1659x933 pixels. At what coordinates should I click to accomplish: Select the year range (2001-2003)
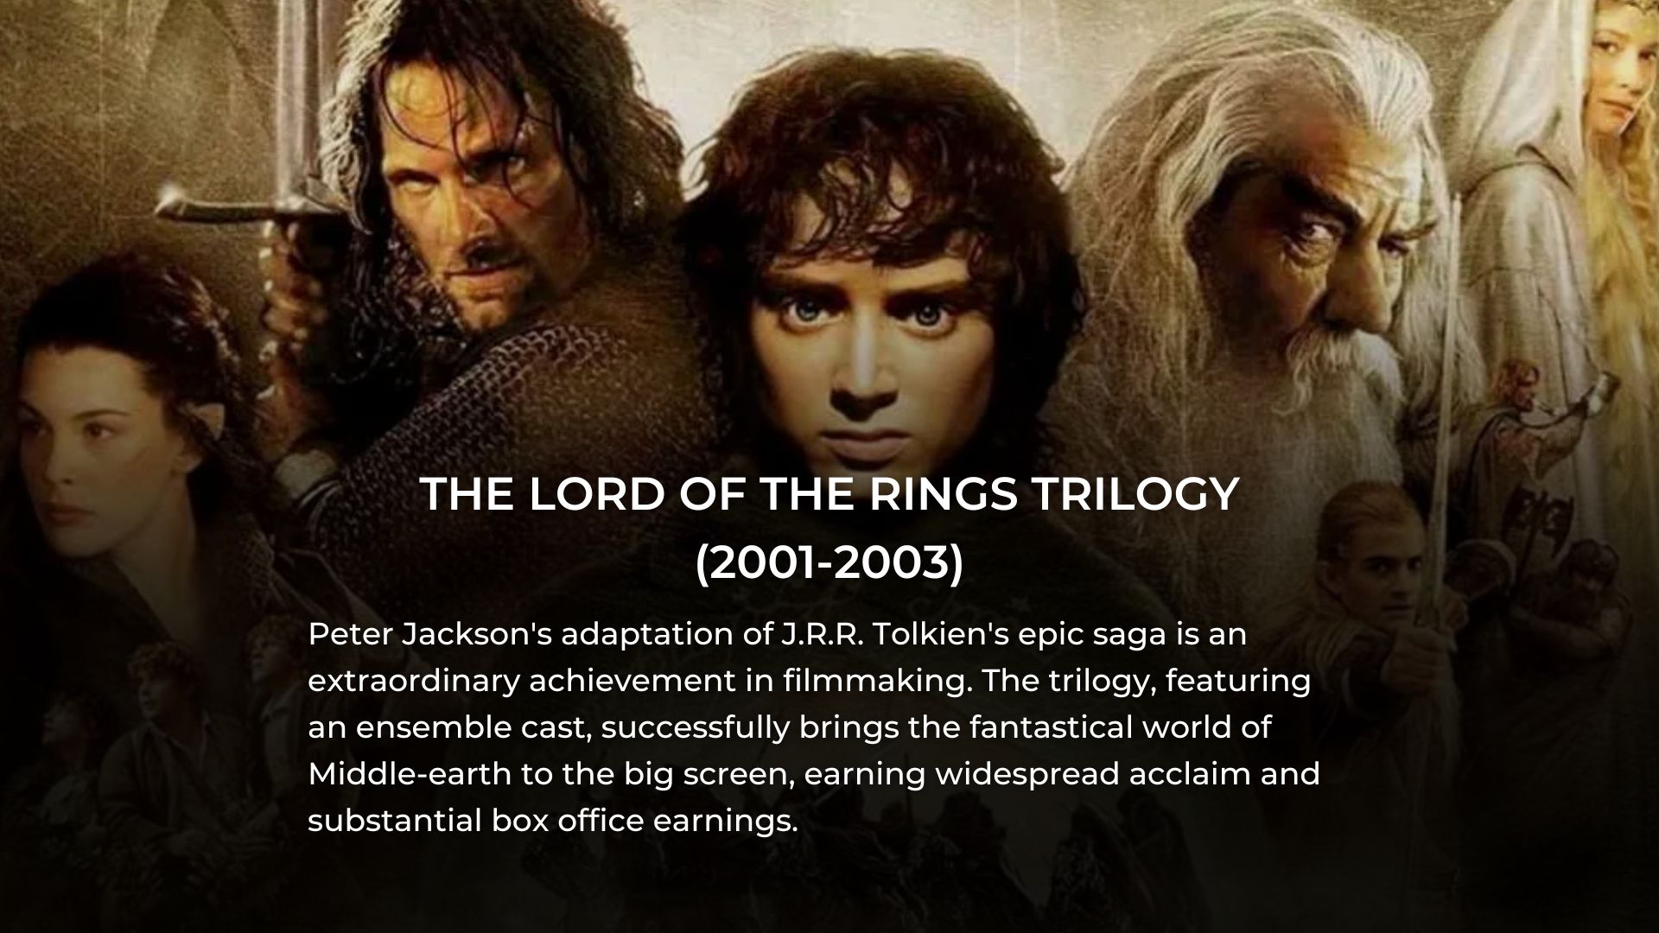(829, 563)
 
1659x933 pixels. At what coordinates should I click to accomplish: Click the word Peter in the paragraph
(347, 634)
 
